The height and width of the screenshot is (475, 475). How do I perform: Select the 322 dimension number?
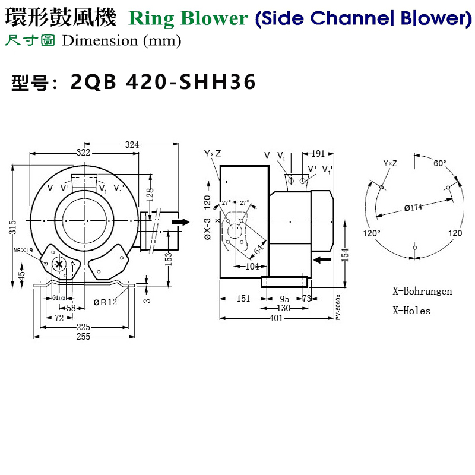click(83, 153)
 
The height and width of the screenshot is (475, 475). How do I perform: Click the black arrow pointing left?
click(321, 259)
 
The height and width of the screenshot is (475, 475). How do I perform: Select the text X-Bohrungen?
click(422, 292)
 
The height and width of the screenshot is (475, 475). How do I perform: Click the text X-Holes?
click(411, 311)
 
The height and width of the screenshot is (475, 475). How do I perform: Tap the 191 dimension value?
click(319, 153)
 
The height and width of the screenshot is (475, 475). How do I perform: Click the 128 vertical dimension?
click(150, 194)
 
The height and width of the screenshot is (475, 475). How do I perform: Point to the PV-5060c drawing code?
click(338, 307)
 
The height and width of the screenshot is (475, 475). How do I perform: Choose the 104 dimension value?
click(252, 267)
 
